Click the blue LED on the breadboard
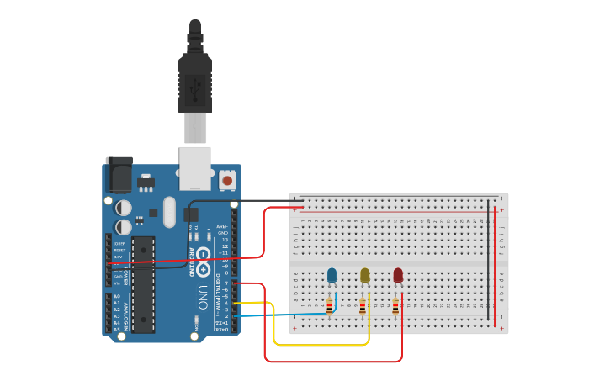pyautogui.click(x=332, y=275)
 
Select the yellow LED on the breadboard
pyautogui.click(x=364, y=275)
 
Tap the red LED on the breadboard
pyautogui.click(x=398, y=275)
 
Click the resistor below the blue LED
pyautogui.click(x=329, y=307)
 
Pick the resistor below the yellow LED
pyautogui.click(x=363, y=307)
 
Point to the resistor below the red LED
pyautogui.click(x=395, y=307)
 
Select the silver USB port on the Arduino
pyautogui.click(x=195, y=168)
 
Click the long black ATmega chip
pyautogui.click(x=142, y=283)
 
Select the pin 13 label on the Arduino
pyautogui.click(x=223, y=240)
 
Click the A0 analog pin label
pyautogui.click(x=117, y=296)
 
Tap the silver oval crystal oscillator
pyautogui.click(x=169, y=212)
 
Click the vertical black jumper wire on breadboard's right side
pyautogui.click(x=488, y=261)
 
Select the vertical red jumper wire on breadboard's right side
pyautogui.click(x=496, y=261)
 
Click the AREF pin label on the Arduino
pyautogui.click(x=222, y=226)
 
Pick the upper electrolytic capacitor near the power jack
pyautogui.click(x=124, y=207)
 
